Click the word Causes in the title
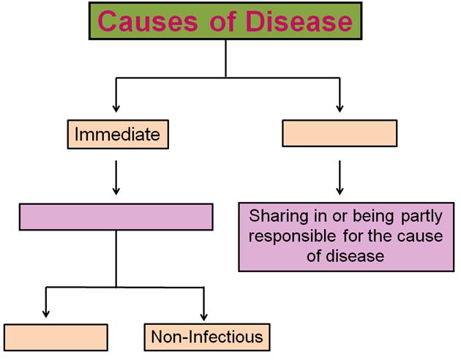point(148,21)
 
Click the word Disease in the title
point(299,21)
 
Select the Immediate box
point(118,135)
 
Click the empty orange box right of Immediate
point(340,133)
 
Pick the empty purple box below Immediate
point(116,217)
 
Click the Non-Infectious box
point(207,337)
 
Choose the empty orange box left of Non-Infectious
point(56,337)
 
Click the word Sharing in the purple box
point(279,217)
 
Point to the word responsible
point(292,236)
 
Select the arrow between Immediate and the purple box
point(116,178)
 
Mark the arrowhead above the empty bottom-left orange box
point(46,313)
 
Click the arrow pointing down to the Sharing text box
point(340,178)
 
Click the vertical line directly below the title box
point(225,59)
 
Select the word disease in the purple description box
point(355,256)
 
